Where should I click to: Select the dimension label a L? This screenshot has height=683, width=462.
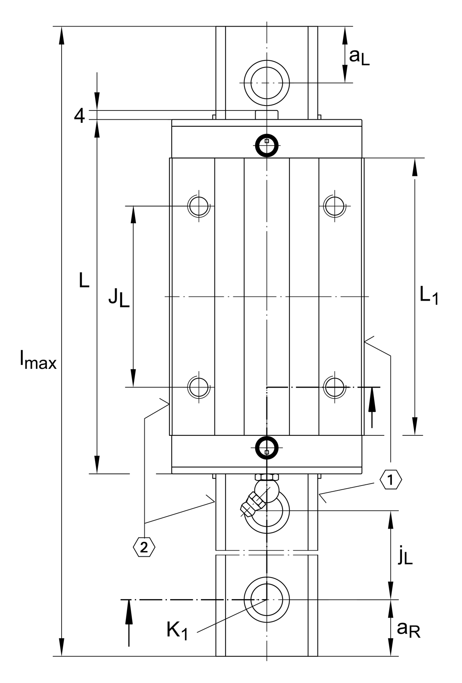click(359, 57)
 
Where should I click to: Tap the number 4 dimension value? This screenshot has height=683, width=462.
click(79, 116)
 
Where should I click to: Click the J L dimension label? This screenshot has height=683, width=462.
click(119, 297)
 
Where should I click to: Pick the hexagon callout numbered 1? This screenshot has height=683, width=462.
click(391, 480)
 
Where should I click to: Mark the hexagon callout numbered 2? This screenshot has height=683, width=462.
click(144, 547)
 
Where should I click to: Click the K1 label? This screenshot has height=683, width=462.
click(177, 631)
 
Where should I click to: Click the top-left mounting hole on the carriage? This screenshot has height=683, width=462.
click(199, 206)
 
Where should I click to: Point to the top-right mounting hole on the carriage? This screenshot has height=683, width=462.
click(335, 206)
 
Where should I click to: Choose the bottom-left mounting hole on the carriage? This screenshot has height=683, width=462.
click(199, 387)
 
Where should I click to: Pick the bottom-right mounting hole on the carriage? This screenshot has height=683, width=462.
click(335, 387)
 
